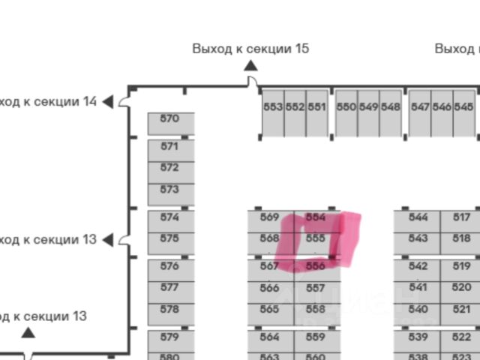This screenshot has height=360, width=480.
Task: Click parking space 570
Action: point(170,119)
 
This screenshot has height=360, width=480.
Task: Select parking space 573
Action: point(170,190)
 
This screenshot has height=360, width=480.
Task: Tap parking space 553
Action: point(273,107)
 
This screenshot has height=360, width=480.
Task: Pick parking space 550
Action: point(346,107)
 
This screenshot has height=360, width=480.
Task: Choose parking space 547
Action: point(420,107)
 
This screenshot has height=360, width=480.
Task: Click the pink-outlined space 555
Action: point(316,238)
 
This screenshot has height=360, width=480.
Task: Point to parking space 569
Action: point(269,217)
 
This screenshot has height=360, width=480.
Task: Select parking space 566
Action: point(269,288)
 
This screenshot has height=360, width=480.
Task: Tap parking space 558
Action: point(316,309)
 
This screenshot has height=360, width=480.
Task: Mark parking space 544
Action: point(418,217)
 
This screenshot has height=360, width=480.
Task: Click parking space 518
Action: point(462,238)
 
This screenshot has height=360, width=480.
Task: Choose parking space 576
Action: point(170,266)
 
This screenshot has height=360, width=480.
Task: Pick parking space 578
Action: point(170,309)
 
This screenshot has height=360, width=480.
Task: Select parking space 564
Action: point(269,337)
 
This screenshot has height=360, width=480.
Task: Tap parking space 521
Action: point(462,309)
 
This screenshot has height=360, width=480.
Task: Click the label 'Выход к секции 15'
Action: point(250,49)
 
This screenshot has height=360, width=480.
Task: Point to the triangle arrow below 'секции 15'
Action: point(250,65)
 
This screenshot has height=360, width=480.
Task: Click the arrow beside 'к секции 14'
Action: point(108,101)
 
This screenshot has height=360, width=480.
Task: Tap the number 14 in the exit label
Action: point(89,101)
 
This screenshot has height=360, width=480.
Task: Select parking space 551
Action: point(317,107)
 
